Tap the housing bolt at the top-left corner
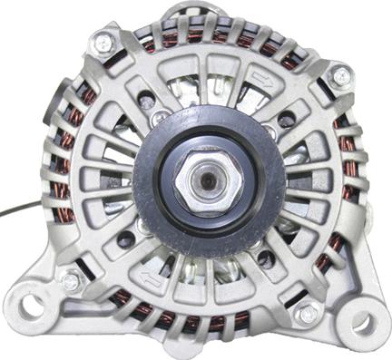tap(103, 41)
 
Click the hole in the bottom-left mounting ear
tap(31, 305)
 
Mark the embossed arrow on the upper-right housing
tap(264, 78)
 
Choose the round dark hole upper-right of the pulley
tap(287, 120)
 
